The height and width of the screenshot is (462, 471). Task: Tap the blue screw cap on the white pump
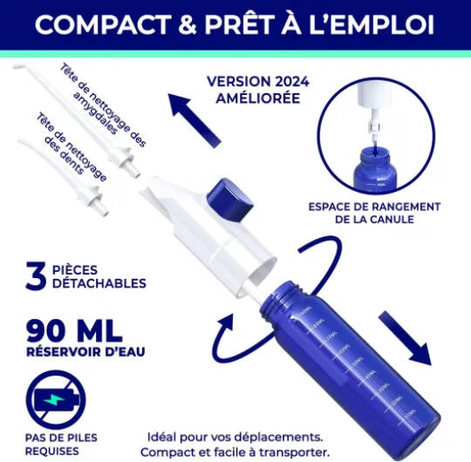[x=229, y=200]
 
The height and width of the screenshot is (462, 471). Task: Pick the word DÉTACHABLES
[x=99, y=283]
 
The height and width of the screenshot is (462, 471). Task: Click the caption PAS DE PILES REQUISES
[x=56, y=445]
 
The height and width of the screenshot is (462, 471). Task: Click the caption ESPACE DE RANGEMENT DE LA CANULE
[x=374, y=213]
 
